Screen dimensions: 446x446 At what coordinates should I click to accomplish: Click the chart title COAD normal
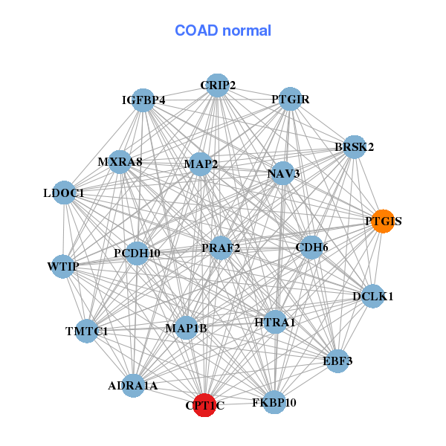point(223,30)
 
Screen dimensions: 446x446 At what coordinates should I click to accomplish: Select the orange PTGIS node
point(382,222)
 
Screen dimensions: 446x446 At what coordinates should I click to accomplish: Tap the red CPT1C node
point(204,405)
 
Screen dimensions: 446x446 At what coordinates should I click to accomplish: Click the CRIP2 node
point(217,85)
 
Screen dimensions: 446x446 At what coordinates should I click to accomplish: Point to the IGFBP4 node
point(143,100)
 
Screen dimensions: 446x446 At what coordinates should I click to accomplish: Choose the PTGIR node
point(290,99)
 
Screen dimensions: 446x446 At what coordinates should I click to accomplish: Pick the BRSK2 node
point(354,147)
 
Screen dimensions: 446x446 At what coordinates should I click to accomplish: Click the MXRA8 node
point(120,161)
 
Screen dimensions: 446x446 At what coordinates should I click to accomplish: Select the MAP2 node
point(200,164)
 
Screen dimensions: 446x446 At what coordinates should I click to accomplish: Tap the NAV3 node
point(283,174)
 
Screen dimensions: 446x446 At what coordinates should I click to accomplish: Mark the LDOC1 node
point(64,193)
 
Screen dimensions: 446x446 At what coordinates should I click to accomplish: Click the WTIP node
point(63,266)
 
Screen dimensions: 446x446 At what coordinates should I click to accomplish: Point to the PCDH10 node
point(137,253)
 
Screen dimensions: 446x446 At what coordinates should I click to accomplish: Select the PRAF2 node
point(221,248)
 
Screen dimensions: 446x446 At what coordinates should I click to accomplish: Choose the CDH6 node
point(311,247)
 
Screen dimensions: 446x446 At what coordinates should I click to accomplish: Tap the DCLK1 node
point(372,296)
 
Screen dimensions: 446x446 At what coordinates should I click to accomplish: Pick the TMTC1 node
point(86,331)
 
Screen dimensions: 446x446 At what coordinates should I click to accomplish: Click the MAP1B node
point(186,328)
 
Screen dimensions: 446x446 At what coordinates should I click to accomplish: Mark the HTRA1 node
point(275,322)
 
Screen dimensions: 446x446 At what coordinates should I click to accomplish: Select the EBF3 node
point(337,361)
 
